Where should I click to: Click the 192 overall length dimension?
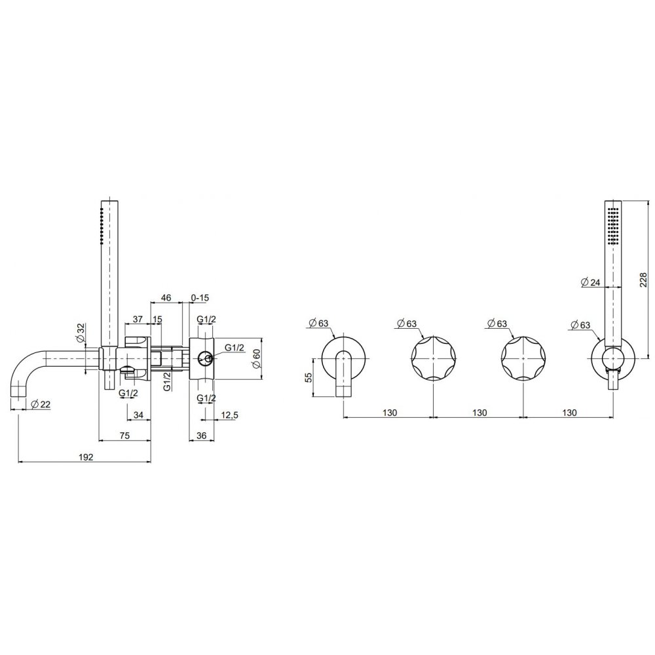pyautogui.click(x=86, y=457)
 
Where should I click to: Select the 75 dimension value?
pyautogui.click(x=124, y=436)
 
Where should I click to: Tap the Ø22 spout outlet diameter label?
pyautogui.click(x=41, y=404)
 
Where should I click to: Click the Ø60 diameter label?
pyautogui.click(x=257, y=358)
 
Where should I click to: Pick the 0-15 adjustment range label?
pyautogui.click(x=200, y=298)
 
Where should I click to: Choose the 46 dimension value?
pyautogui.click(x=166, y=298)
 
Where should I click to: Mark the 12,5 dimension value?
pyautogui.click(x=230, y=415)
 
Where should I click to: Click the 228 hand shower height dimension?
pyautogui.click(x=643, y=280)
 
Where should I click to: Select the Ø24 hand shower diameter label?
pyautogui.click(x=590, y=282)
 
